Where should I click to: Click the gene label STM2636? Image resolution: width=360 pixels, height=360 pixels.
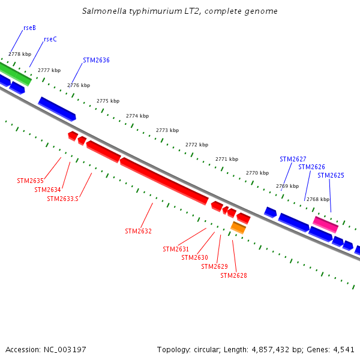coord(96,60)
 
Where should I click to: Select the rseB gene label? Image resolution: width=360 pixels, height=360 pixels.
coord(29,28)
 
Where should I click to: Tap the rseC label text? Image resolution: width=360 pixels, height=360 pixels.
coord(50,40)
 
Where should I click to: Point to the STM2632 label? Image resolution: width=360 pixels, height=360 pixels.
coord(138,231)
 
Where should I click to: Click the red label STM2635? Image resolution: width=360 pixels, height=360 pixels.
coord(30,181)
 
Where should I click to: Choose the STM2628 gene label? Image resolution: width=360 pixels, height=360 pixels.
coord(233,275)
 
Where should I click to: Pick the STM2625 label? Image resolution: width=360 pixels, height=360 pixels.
coord(331,175)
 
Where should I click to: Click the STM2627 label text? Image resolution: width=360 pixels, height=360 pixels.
coord(293,159)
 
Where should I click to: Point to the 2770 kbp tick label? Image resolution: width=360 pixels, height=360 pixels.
coord(257,173)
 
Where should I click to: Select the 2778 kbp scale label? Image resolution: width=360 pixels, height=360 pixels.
coord(20,54)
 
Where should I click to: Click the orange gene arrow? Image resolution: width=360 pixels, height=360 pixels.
coord(238,227)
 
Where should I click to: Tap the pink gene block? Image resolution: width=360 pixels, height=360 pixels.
coord(325,224)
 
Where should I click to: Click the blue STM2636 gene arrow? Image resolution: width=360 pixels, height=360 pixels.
coord(57,108)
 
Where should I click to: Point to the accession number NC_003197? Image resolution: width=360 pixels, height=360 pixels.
coord(64,349)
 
